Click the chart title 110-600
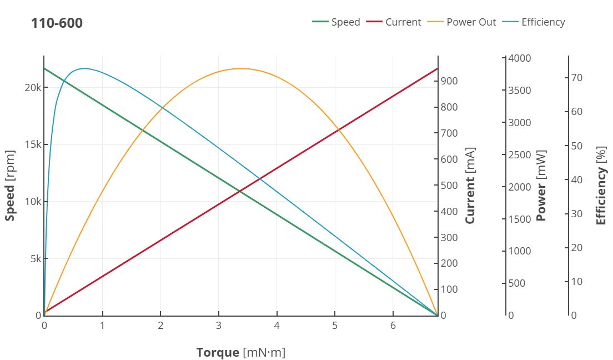[57, 23]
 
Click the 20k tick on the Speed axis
[33, 88]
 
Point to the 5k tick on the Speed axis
[34, 258]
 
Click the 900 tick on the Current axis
[449, 81]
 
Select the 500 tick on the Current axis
[449, 185]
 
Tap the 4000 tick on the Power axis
[520, 58]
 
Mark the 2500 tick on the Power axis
[520, 154]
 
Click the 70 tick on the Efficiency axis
[577, 78]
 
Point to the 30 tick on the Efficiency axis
[577, 213]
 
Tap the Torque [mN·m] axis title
[240, 352]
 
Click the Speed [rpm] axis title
[10, 186]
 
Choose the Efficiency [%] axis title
[601, 189]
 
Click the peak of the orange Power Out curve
[241, 68]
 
